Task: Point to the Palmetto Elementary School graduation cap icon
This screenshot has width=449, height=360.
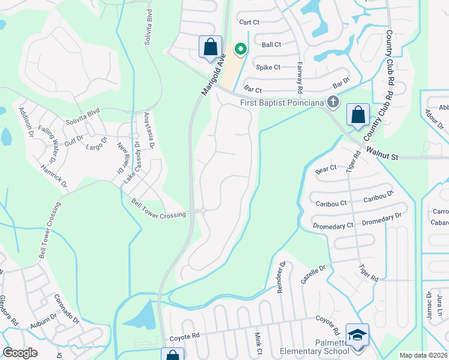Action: (357, 335)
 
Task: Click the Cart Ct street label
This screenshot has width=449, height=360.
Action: (249, 22)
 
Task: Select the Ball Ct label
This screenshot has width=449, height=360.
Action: (271, 45)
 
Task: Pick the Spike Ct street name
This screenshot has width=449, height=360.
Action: (268, 67)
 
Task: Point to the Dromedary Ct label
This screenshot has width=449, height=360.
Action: (333, 226)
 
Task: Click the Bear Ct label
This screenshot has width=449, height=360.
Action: (325, 170)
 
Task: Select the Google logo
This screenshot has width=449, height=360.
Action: (20, 353)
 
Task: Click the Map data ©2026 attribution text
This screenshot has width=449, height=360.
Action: (423, 355)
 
